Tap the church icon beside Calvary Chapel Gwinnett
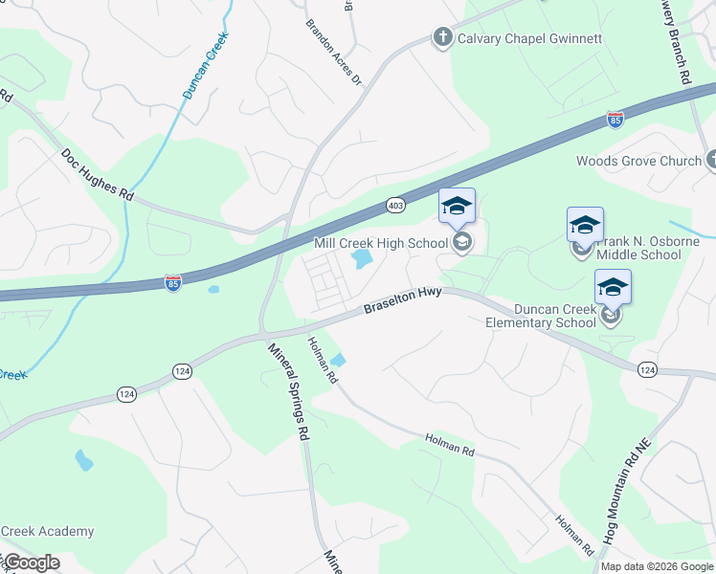[x=442, y=38]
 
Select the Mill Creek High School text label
[x=382, y=243]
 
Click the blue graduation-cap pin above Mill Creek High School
[x=457, y=206]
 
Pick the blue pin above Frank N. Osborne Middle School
[x=585, y=225]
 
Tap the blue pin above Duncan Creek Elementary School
[x=613, y=287]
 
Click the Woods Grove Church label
[x=638, y=161]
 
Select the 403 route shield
[x=395, y=206]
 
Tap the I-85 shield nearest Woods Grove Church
[x=616, y=121]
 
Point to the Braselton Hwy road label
[x=402, y=301]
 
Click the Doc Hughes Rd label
[x=97, y=173]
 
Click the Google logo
[x=32, y=563]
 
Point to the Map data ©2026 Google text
[x=657, y=566]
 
